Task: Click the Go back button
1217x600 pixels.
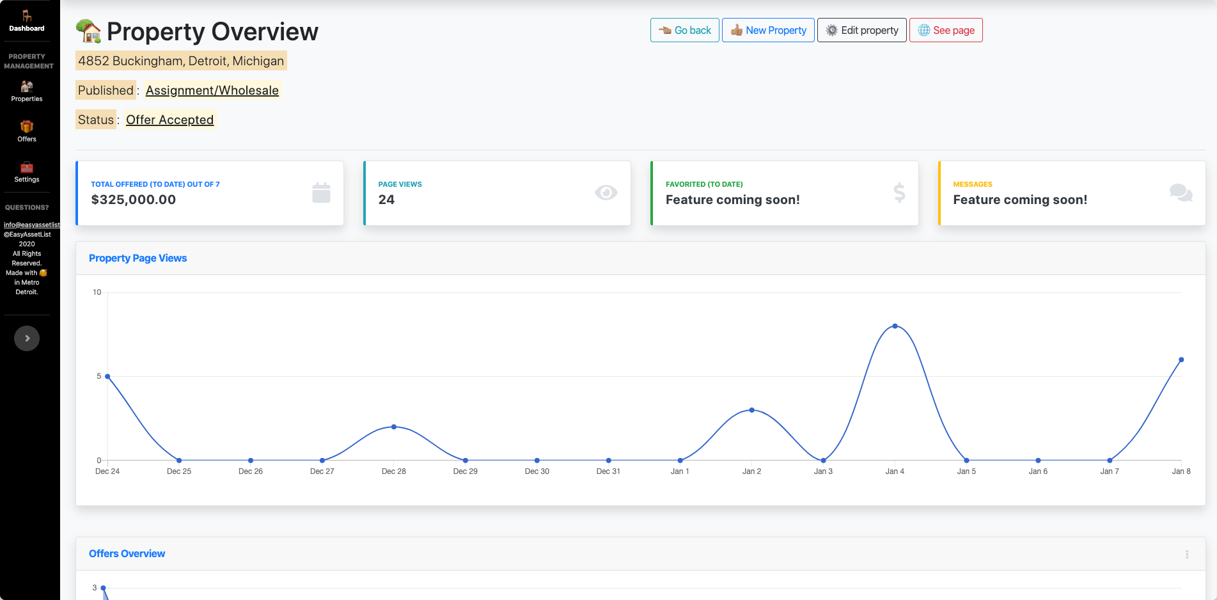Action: click(684, 30)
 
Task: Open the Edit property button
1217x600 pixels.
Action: click(861, 30)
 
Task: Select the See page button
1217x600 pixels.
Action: click(946, 30)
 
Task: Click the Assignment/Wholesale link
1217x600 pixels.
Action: click(212, 90)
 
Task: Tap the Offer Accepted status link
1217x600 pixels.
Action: click(169, 120)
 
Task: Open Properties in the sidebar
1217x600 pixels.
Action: click(27, 91)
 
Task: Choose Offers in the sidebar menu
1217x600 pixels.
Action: click(27, 131)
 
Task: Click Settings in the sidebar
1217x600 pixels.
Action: click(27, 172)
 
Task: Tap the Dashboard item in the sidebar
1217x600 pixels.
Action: click(27, 20)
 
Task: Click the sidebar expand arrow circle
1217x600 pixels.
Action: click(27, 338)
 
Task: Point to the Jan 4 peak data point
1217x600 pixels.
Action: click(895, 326)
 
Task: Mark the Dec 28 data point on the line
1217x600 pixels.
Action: click(394, 427)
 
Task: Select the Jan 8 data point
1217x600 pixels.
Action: click(1181, 359)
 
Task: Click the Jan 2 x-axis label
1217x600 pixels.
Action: click(751, 471)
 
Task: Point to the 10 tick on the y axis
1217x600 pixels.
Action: click(97, 292)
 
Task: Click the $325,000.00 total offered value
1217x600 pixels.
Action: click(134, 200)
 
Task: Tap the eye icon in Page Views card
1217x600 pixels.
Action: click(606, 193)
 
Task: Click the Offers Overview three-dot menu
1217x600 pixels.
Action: click(1187, 555)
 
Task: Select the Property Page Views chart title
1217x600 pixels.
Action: click(137, 258)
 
